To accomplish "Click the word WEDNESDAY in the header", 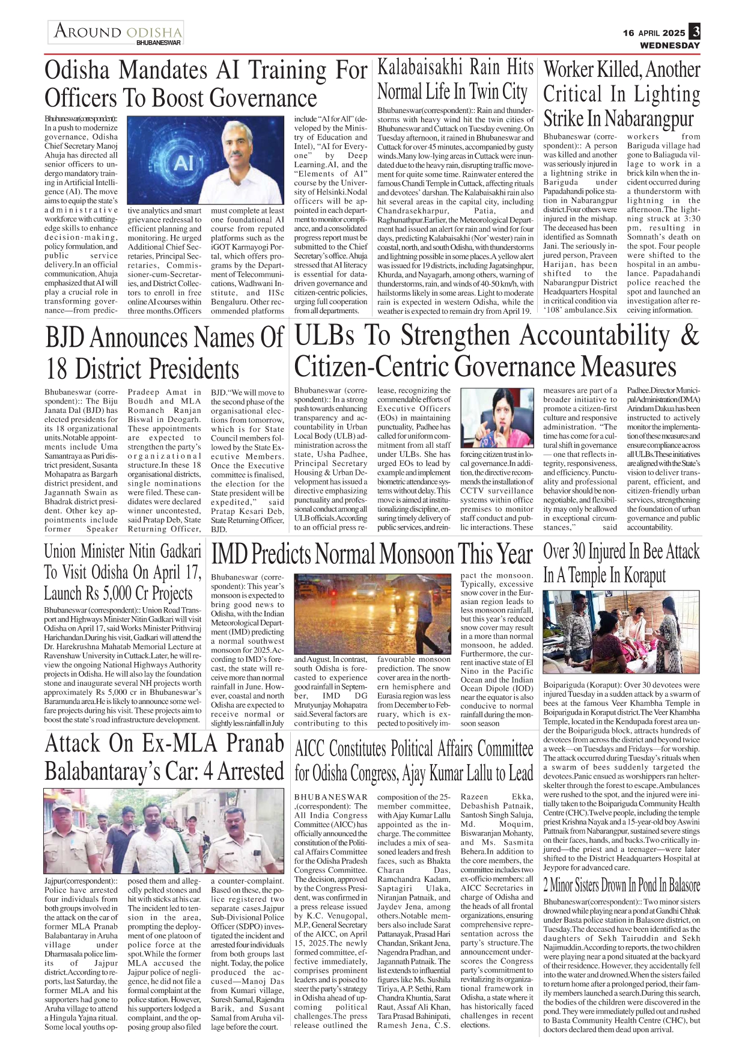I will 669,46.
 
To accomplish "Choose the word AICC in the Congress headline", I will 311,749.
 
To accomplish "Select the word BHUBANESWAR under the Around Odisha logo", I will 159,43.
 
